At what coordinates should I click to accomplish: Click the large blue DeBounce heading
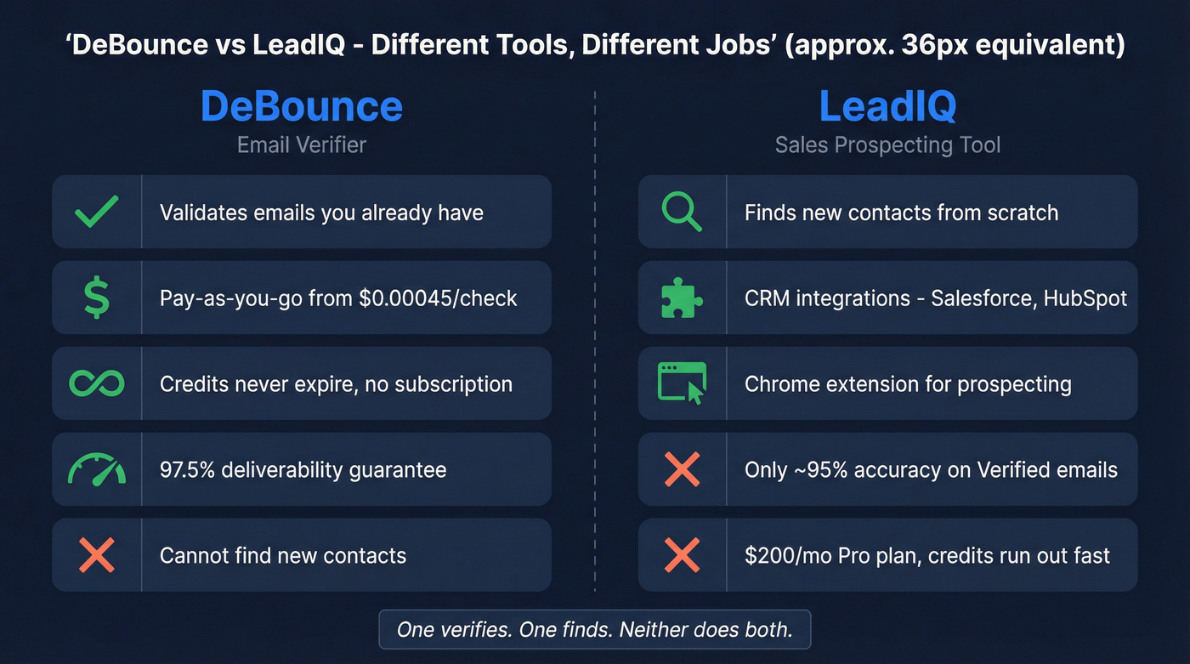(301, 106)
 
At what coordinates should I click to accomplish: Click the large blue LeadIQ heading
(887, 106)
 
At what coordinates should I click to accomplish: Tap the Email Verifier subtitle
(301, 145)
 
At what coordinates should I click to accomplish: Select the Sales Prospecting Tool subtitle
(887, 145)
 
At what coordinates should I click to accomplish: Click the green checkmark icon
(96, 212)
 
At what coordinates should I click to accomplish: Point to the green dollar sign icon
(96, 298)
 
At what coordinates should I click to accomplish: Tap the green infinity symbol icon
(96, 383)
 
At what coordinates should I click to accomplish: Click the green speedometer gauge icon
(96, 469)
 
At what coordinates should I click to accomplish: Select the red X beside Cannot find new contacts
(96, 555)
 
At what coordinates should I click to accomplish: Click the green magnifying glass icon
(682, 212)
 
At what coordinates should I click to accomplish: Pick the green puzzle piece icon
(682, 298)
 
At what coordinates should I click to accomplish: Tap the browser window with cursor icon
(682, 383)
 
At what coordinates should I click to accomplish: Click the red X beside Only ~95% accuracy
(682, 469)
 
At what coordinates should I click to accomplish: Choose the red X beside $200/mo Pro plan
(682, 555)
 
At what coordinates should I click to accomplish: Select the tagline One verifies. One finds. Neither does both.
(594, 630)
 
